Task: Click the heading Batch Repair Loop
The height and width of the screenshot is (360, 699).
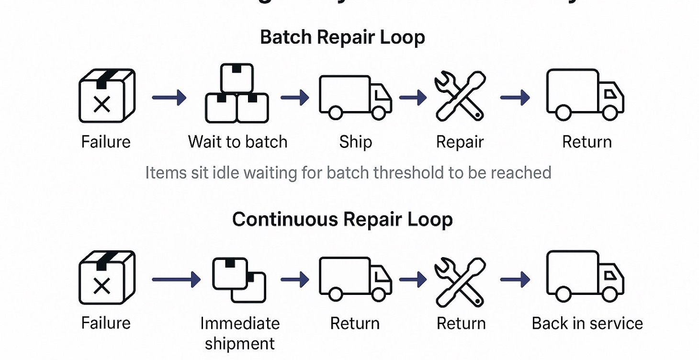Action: [x=342, y=37]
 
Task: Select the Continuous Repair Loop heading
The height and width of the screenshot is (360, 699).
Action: [x=342, y=219]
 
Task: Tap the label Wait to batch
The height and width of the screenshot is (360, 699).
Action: [x=237, y=142]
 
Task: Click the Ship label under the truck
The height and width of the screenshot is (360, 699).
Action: [x=355, y=142]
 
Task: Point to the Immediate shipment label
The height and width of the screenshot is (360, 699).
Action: [x=239, y=333]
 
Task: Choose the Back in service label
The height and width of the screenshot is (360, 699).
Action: [x=587, y=323]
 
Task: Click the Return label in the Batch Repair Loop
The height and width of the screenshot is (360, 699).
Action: [x=586, y=142]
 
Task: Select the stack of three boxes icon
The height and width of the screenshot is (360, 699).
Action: [x=237, y=94]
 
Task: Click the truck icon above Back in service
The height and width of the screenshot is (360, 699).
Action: [x=585, y=277]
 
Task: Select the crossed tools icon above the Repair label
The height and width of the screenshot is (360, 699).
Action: [x=460, y=96]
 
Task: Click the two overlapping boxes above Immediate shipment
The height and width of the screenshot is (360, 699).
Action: [x=239, y=280]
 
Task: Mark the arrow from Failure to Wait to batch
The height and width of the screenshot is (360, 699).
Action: [x=169, y=98]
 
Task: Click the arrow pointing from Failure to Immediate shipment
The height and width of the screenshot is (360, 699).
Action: [x=176, y=279]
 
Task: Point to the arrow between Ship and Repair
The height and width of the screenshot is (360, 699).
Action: [x=412, y=98]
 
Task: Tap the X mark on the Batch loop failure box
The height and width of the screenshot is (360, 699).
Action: [x=101, y=104]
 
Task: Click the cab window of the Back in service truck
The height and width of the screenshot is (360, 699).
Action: [x=610, y=275]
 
